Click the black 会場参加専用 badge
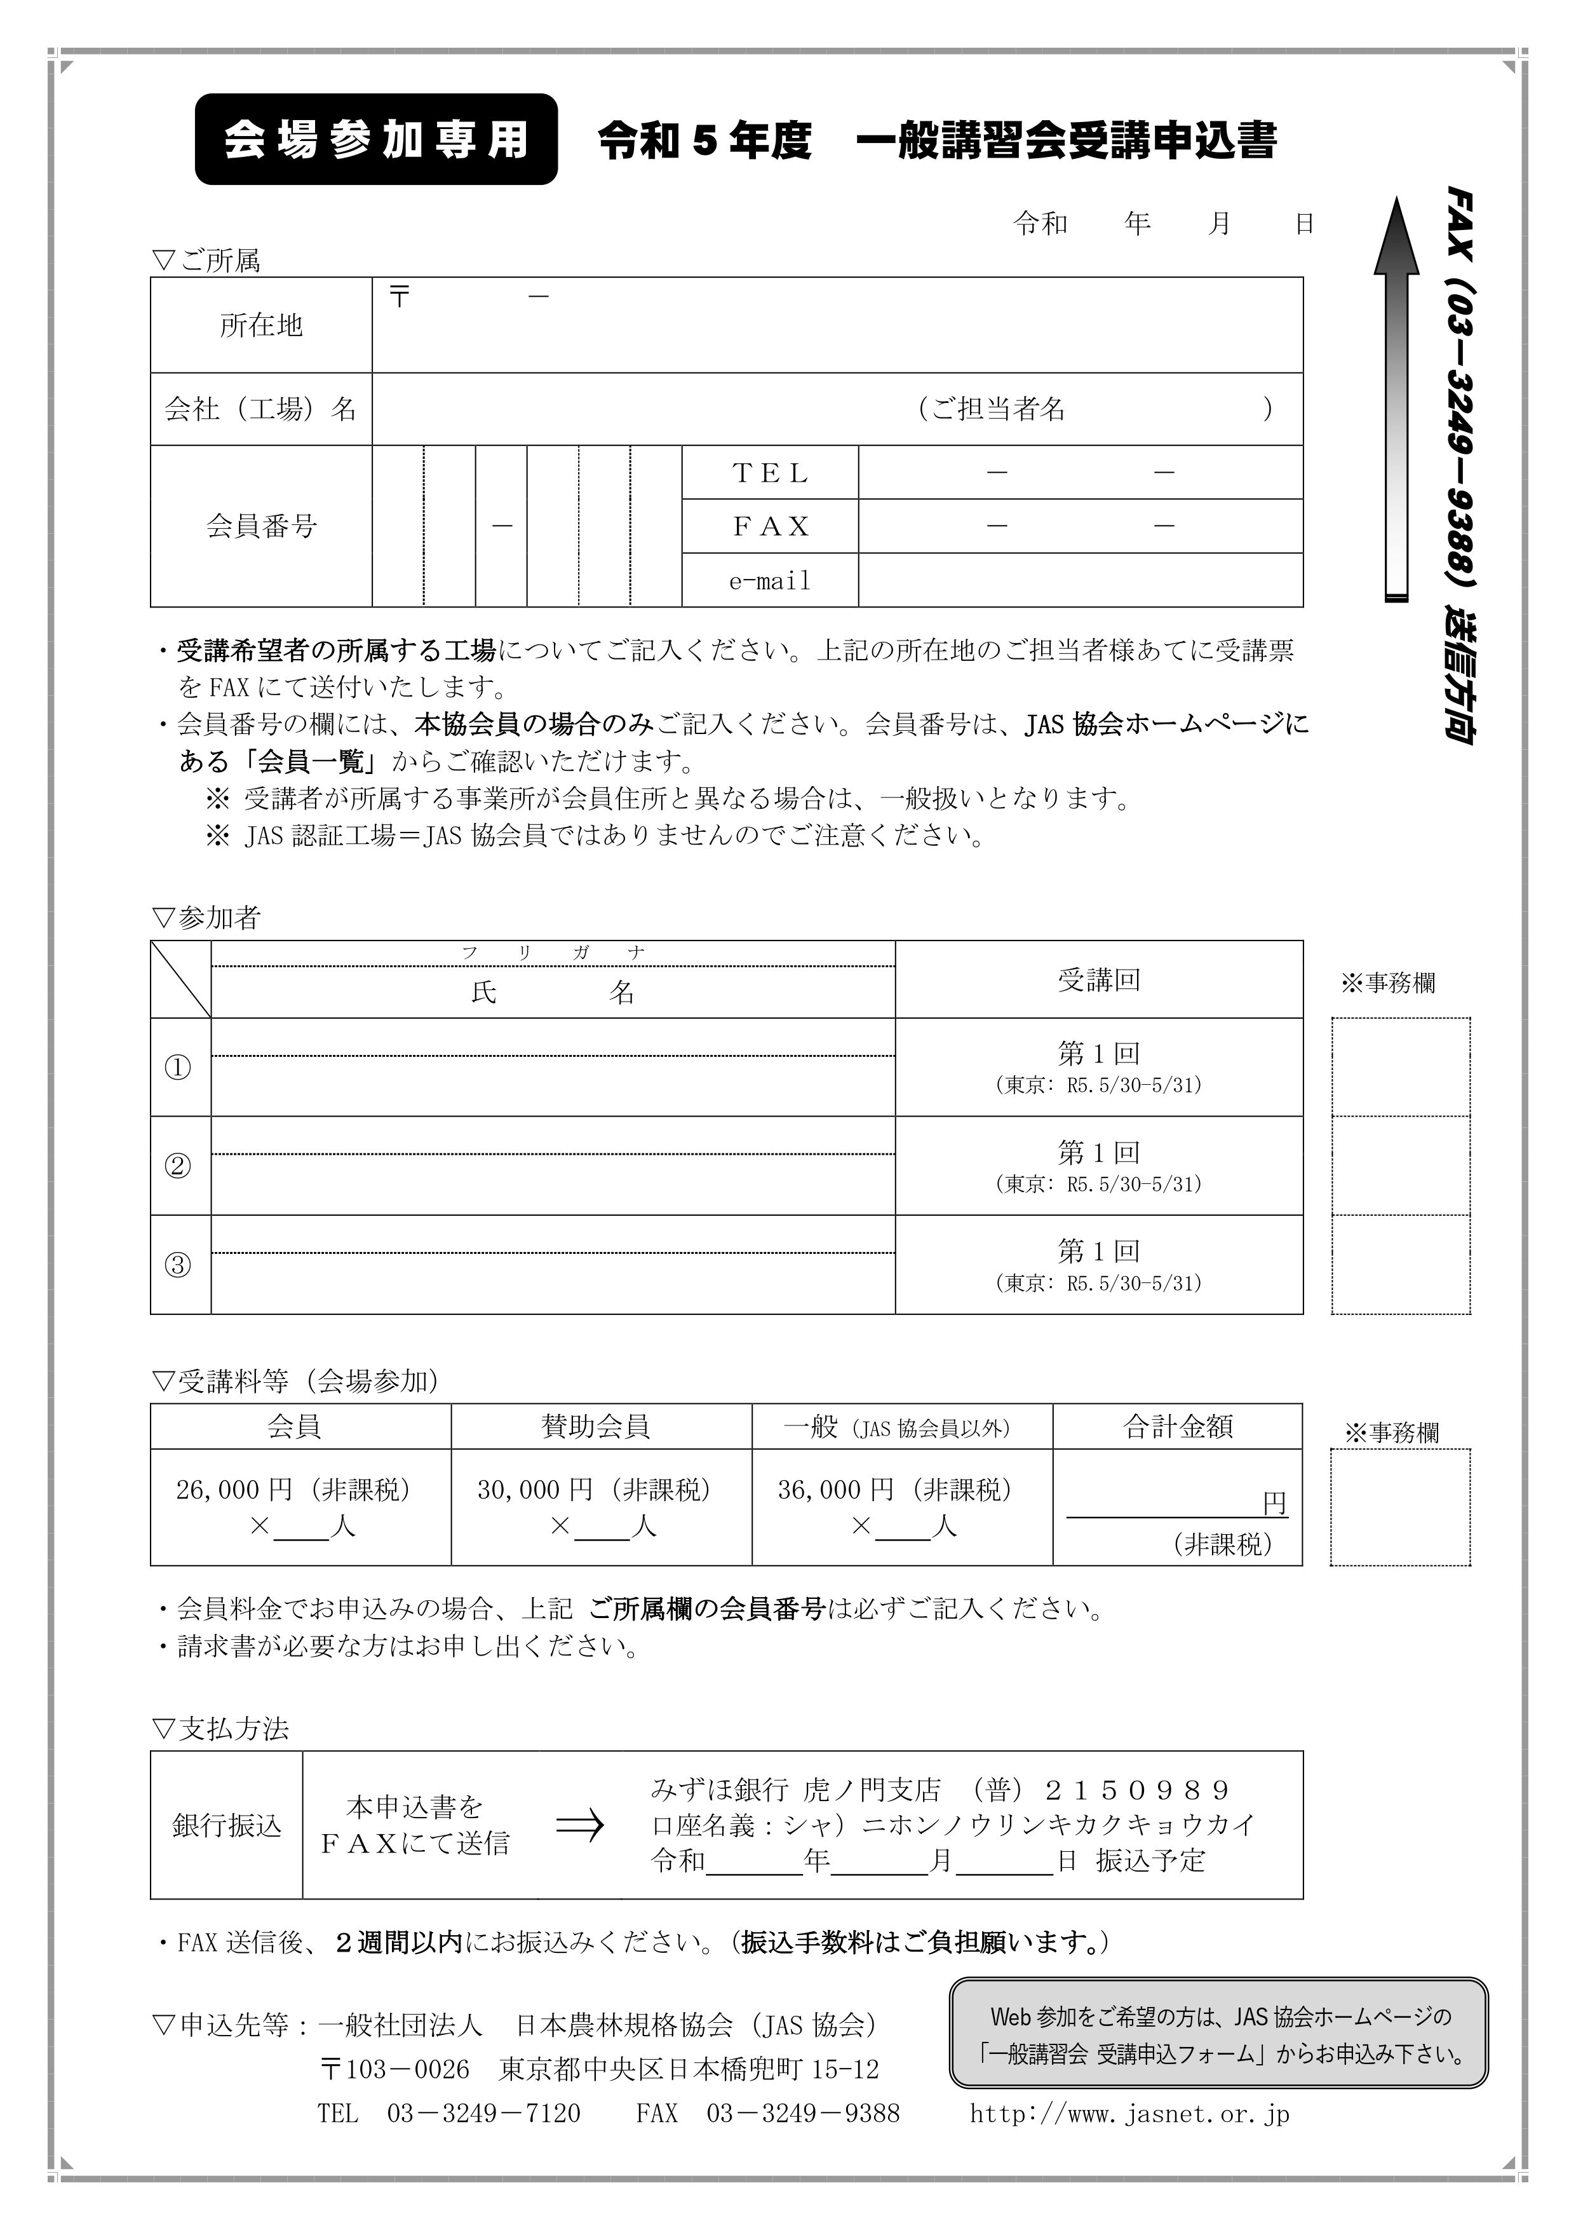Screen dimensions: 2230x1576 tap(376, 139)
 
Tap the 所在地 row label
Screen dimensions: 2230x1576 tap(261, 325)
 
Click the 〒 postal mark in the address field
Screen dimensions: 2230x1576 tap(399, 296)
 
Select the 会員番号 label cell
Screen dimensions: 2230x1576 tap(261, 526)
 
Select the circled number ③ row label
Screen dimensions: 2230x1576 tap(178, 1265)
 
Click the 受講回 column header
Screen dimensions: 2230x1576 tap(1098, 980)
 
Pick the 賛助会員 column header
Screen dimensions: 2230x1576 tap(595, 1426)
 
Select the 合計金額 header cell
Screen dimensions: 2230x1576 tap(1177, 1426)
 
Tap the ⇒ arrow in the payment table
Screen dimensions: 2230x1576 tap(580, 1825)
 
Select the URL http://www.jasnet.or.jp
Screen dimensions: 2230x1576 tap(1129, 2114)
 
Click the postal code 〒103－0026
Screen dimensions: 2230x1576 tap(394, 2070)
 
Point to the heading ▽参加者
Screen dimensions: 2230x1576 tap(207, 917)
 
